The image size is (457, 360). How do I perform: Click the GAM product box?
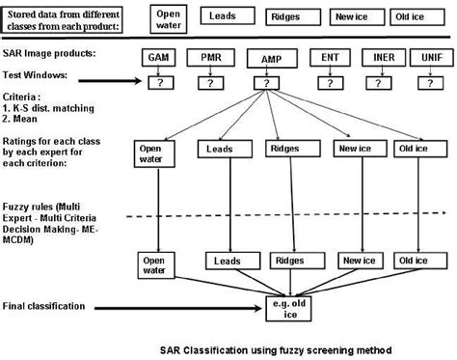pyautogui.click(x=157, y=59)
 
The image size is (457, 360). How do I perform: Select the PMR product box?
pyautogui.click(x=210, y=59)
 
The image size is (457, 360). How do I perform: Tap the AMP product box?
pyautogui.click(x=266, y=60)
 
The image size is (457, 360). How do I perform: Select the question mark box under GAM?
pyautogui.click(x=157, y=83)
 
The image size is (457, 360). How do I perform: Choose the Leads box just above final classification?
pyautogui.click(x=226, y=261)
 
